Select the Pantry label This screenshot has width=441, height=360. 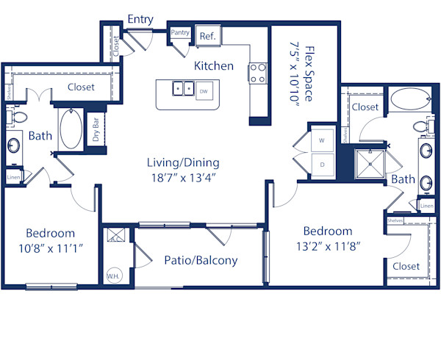pyautogui.click(x=180, y=33)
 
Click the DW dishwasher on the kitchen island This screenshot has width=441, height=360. pyautogui.click(x=204, y=92)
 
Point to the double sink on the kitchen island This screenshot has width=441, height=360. pyautogui.click(x=183, y=90)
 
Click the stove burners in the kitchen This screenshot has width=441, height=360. pyautogui.click(x=258, y=72)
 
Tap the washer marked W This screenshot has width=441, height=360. pyautogui.click(x=322, y=139)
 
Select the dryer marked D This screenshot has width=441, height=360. pyautogui.click(x=322, y=164)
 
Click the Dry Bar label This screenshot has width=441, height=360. pyautogui.click(x=96, y=130)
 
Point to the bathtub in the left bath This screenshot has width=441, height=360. pyautogui.click(x=71, y=129)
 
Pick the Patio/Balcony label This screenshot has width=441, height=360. pyautogui.click(x=201, y=260)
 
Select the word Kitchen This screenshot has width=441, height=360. pyautogui.click(x=213, y=66)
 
